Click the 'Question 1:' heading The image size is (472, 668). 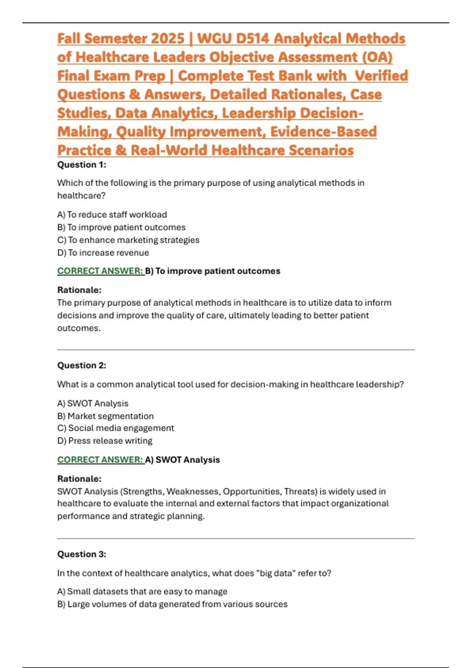81,165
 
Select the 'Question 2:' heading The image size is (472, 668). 81,365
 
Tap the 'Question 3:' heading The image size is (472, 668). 81,554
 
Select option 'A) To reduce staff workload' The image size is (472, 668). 112,215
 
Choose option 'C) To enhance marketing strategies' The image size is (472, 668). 128,240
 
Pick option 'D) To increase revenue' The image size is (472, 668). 103,253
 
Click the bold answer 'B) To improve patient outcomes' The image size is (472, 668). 213,271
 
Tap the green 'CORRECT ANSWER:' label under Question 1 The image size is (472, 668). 100,271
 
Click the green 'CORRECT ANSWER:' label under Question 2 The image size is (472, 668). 100,460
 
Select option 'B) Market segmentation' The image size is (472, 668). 105,416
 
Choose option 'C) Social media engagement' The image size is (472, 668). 116,428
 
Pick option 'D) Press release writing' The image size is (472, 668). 105,440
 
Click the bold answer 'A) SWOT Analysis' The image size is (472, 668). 183,460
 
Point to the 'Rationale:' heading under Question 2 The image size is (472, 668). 79,479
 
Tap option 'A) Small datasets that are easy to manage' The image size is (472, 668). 142,591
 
